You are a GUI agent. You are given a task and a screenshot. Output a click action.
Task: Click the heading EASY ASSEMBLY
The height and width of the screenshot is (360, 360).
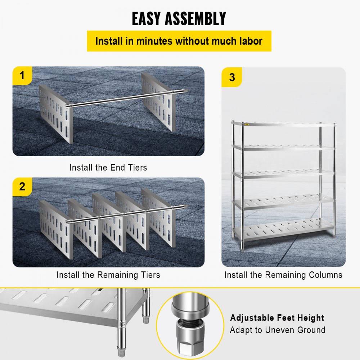[x=179, y=19]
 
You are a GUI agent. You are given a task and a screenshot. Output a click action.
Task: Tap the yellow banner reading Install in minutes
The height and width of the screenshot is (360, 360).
[x=179, y=41]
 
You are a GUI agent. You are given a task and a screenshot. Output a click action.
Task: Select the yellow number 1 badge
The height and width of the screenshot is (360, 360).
[x=22, y=76]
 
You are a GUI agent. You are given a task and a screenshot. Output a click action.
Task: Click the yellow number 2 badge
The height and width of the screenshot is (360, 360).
[x=22, y=187]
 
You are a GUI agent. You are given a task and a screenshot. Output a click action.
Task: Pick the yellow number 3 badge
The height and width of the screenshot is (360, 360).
[x=232, y=77]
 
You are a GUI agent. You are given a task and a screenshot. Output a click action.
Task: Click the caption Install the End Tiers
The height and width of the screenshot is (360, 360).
[x=108, y=167]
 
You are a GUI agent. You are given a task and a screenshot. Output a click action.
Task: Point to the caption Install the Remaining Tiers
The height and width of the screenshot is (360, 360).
[x=108, y=275]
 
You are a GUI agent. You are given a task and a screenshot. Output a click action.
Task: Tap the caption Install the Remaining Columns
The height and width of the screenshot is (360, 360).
[x=283, y=275]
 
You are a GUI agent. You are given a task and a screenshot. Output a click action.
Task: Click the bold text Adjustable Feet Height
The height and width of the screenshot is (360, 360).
[x=277, y=318]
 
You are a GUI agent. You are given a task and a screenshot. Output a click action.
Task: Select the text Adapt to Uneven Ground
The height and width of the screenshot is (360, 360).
[x=278, y=330]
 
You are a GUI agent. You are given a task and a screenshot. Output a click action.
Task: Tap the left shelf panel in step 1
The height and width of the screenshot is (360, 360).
[x=56, y=113]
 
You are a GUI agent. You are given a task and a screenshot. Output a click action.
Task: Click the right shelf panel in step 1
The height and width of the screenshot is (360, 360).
[x=158, y=102]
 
